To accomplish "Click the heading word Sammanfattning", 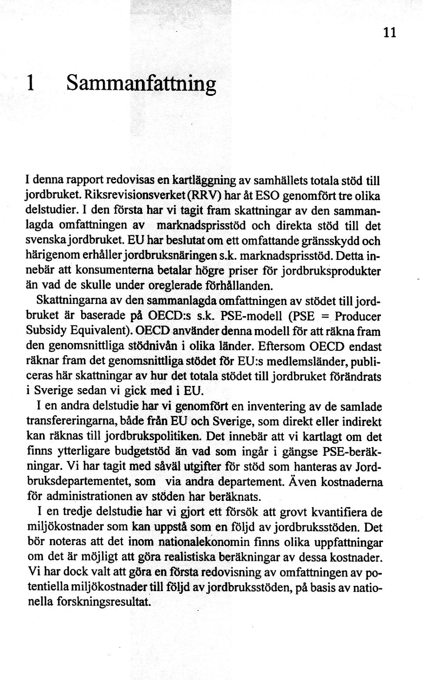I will coord(141,83).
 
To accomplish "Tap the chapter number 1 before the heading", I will coord(30,82).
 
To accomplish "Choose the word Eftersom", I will coord(282,346).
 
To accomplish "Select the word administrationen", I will coord(94,496).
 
